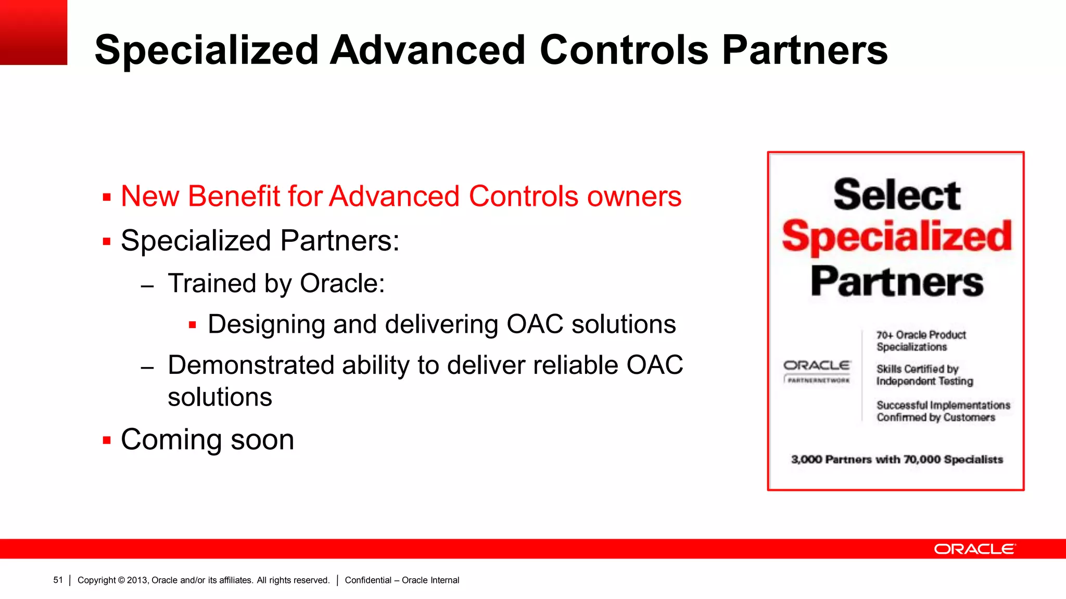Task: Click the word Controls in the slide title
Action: [624, 50]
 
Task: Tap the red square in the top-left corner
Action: [33, 32]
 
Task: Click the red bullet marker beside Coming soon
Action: [107, 440]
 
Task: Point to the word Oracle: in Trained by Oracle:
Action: [342, 284]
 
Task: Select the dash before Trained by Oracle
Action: [147, 286]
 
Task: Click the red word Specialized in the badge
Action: [896, 237]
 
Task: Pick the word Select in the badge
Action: [896, 195]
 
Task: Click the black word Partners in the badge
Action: [896, 281]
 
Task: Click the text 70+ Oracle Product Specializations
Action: [920, 341]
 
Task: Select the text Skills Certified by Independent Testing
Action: [924, 375]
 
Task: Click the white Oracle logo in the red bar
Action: [974, 549]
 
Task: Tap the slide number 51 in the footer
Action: [58, 580]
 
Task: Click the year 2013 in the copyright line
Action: [137, 580]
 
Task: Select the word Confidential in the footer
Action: [367, 580]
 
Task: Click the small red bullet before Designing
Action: [192, 325]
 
